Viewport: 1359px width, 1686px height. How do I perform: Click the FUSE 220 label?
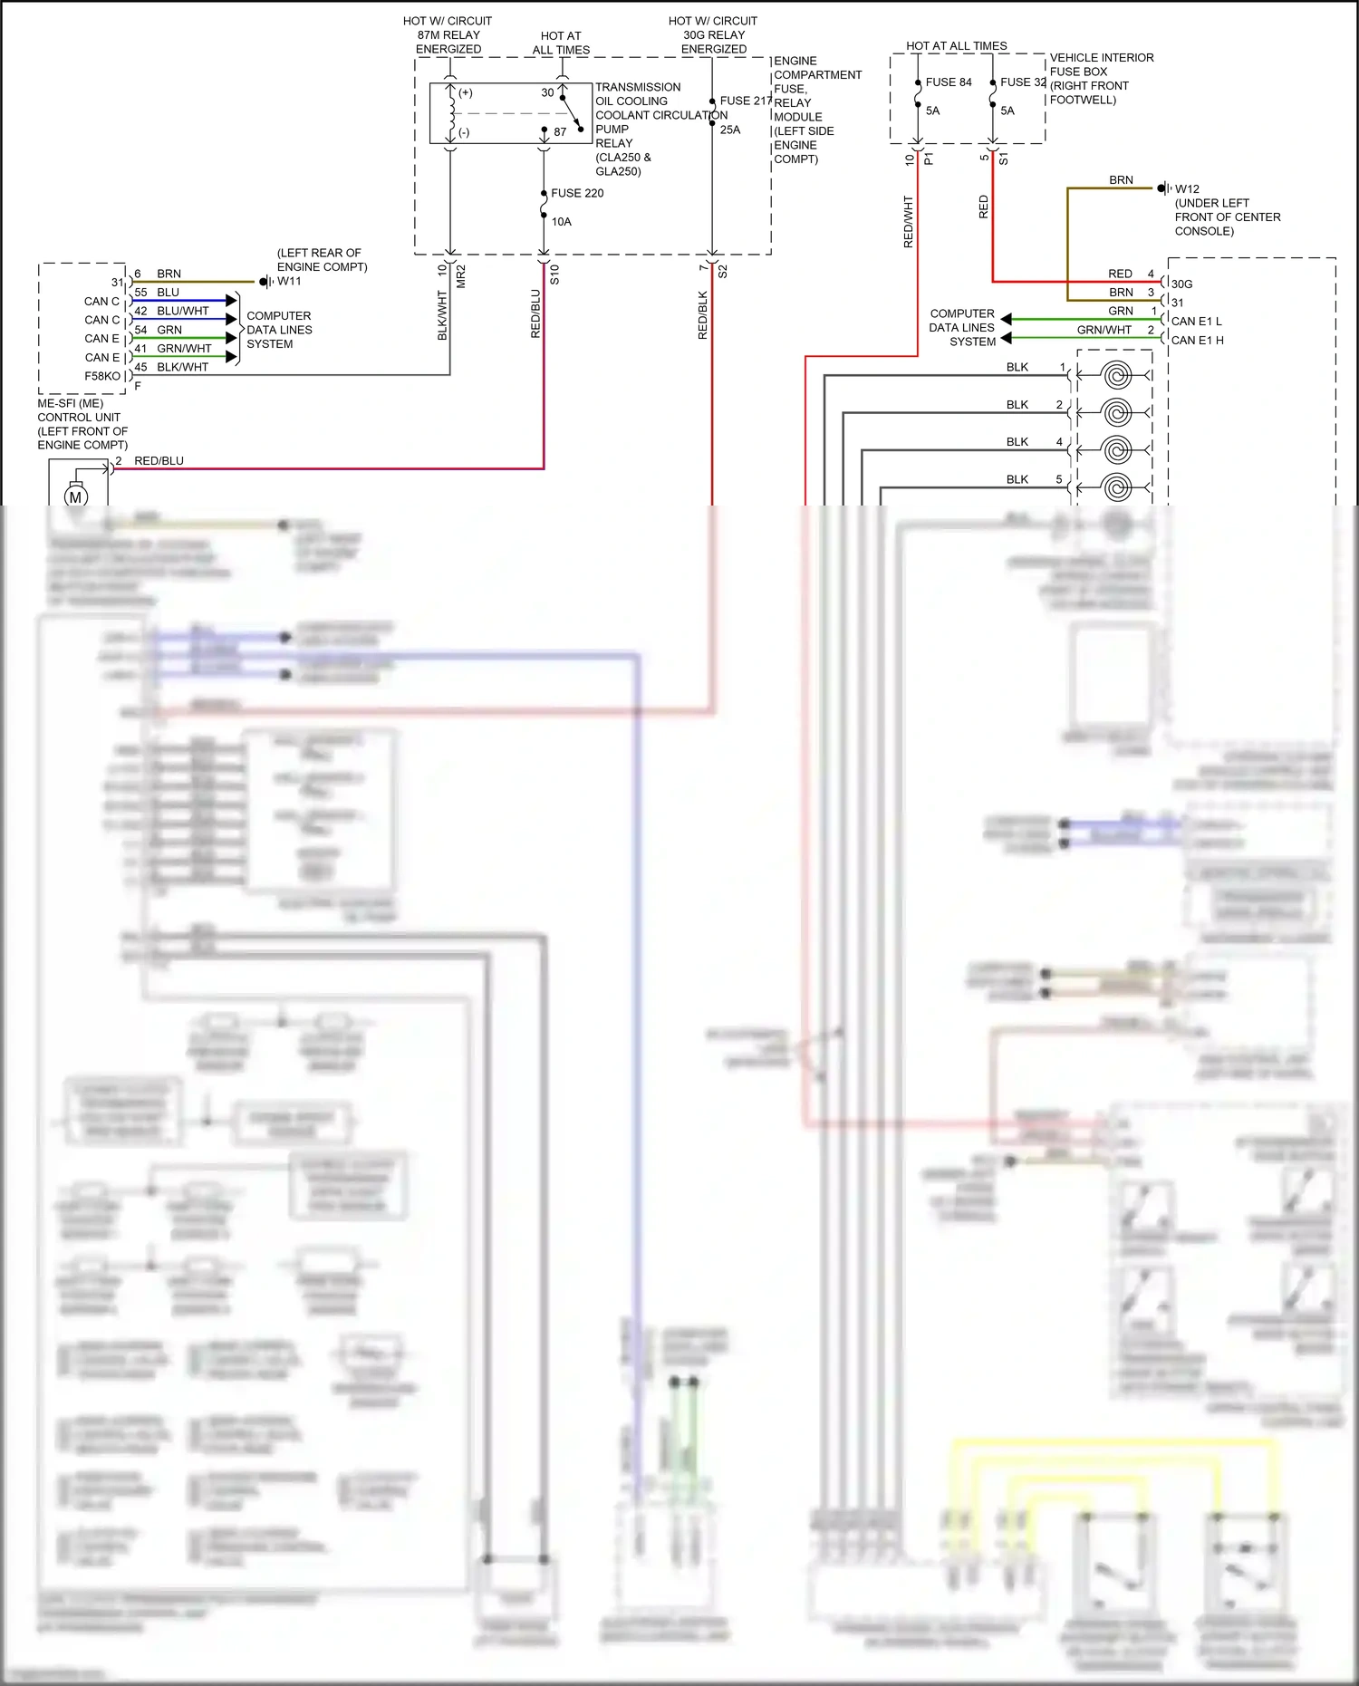pos(577,193)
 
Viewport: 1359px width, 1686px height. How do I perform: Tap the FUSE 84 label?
pos(948,82)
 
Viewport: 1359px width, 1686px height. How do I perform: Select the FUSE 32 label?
pos(1022,82)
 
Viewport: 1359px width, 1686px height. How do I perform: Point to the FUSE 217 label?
pos(745,101)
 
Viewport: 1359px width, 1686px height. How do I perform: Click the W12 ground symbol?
pos(1164,188)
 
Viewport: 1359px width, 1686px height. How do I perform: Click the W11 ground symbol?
pos(265,282)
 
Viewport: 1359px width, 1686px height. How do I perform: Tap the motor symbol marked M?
pos(75,496)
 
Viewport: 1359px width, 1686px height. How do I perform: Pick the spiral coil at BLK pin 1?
pos(1116,374)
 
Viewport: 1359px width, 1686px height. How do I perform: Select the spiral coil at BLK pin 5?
pos(1116,487)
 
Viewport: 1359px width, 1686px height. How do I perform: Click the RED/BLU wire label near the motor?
pos(159,461)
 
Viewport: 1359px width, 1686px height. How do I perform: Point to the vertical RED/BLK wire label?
pos(703,315)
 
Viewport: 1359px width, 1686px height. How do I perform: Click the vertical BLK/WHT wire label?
pos(443,315)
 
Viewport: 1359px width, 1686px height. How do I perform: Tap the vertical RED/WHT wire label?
pos(909,222)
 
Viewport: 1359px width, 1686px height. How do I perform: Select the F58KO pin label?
pos(102,376)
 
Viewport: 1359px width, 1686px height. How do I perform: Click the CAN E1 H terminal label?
pos(1197,341)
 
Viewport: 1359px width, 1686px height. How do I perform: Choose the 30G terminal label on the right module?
pos(1181,284)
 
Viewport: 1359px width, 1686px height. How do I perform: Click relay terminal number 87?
pos(560,132)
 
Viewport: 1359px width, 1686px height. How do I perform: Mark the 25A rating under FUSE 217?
pos(730,130)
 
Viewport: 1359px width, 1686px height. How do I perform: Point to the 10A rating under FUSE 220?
pos(562,222)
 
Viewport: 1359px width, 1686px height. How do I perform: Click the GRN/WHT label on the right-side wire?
pos(1104,330)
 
